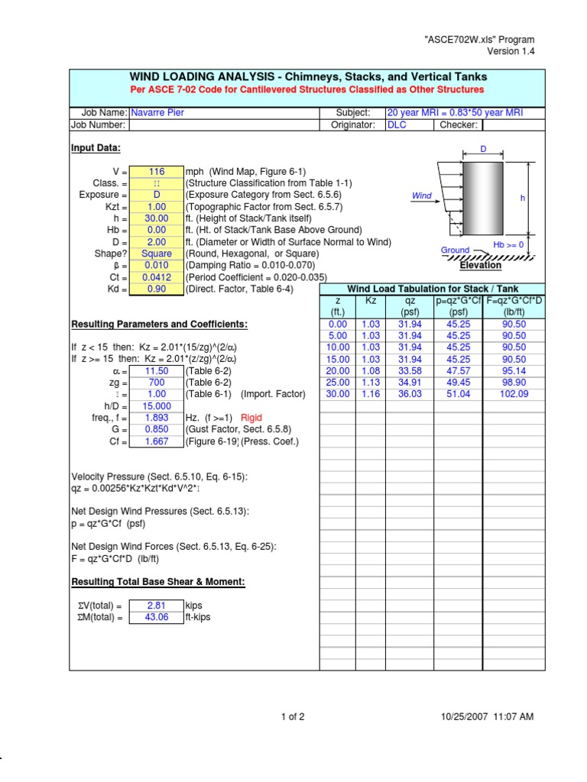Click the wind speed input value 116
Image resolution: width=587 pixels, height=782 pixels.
157,173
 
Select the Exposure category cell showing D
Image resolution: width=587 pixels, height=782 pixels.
157,195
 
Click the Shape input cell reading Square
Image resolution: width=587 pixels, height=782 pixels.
157,254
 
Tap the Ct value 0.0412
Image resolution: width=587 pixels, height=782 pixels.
157,277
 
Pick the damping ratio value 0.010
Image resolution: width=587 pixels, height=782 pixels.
157,266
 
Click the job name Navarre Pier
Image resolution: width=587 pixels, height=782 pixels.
157,113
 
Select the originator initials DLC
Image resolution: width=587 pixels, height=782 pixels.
397,125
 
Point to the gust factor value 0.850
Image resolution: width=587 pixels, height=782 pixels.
157,429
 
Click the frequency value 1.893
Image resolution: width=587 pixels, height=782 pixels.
157,418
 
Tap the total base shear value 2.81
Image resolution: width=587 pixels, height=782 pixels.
157,606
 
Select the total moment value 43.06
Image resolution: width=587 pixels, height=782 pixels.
157,618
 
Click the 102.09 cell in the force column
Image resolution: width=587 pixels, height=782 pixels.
514,394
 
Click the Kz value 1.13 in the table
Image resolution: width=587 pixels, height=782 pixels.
371,383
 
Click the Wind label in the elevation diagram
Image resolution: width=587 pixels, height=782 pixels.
422,196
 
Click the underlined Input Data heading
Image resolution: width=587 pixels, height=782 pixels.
96,148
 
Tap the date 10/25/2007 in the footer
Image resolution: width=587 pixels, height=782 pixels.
467,716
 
